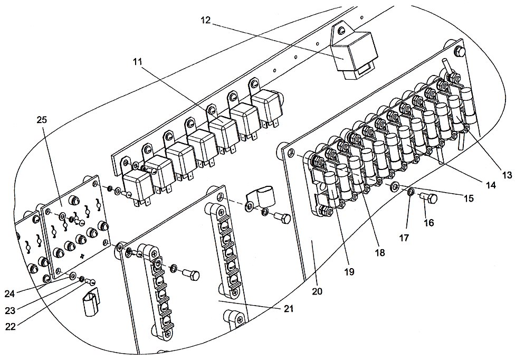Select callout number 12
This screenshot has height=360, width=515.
coord(206,20)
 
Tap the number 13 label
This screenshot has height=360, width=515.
coord(507,175)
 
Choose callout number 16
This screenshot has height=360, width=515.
coord(428,223)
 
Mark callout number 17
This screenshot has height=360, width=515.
coord(404,238)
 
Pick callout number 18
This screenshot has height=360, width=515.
coord(380,252)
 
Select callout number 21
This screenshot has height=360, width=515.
coord(288,308)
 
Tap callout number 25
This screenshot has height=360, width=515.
coord(42,120)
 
